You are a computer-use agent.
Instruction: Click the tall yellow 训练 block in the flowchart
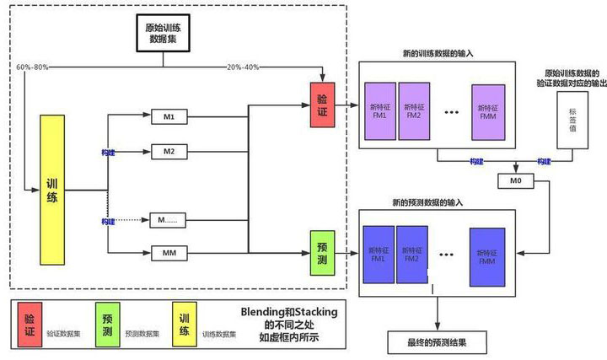click(52, 190)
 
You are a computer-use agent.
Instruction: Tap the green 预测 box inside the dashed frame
click(323, 251)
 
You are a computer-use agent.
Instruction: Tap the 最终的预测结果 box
click(438, 343)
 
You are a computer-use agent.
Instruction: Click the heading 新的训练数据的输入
click(438, 52)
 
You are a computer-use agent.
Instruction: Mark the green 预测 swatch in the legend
click(109, 324)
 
